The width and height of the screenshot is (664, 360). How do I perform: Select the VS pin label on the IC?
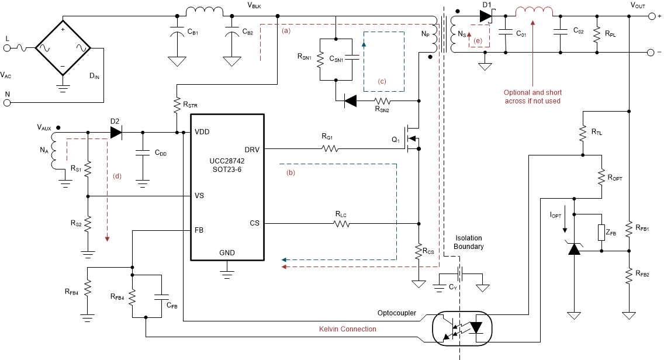[x=200, y=196]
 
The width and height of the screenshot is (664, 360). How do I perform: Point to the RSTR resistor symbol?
[x=176, y=105]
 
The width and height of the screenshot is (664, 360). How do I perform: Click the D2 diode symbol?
[x=116, y=133]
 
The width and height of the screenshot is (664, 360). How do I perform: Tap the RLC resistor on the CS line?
[x=345, y=223]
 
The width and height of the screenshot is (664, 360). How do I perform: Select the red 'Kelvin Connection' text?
[x=348, y=329]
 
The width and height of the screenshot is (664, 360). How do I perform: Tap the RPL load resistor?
[x=597, y=34]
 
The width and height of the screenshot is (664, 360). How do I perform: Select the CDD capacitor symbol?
[x=142, y=153]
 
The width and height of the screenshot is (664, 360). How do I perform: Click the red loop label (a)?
[x=286, y=30]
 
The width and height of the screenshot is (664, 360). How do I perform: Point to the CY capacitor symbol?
[x=459, y=274]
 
